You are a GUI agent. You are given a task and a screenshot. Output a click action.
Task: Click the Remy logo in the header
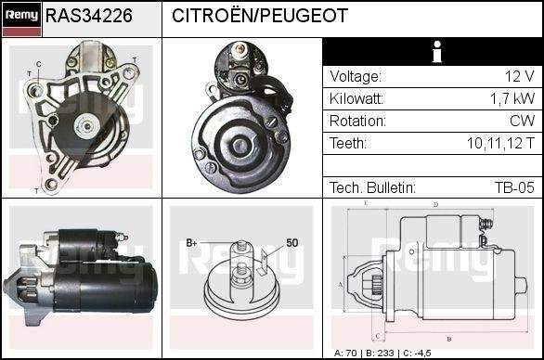(21, 16)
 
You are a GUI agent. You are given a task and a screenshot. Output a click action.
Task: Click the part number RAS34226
(89, 16)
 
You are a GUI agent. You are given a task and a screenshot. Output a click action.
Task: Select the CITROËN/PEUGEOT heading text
(260, 16)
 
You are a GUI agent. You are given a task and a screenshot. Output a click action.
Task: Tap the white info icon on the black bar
(434, 52)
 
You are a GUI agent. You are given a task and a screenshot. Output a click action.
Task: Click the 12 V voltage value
(519, 76)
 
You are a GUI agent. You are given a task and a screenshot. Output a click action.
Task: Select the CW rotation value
(523, 121)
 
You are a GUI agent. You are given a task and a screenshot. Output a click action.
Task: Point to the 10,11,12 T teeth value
(500, 143)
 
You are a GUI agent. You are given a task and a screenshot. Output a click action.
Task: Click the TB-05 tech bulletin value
(514, 187)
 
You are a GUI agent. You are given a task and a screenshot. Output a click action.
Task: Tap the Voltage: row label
(356, 76)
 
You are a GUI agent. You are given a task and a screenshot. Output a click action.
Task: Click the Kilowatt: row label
(358, 98)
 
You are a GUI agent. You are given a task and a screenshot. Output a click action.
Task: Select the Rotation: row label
(357, 121)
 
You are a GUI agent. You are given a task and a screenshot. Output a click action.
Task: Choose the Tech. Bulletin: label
(371, 187)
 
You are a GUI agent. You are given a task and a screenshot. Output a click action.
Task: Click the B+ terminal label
(192, 243)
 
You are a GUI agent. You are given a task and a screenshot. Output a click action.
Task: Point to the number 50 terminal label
(291, 242)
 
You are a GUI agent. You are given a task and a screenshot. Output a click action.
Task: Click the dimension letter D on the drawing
(434, 204)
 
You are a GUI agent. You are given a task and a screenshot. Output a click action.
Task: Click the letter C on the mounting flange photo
(38, 64)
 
